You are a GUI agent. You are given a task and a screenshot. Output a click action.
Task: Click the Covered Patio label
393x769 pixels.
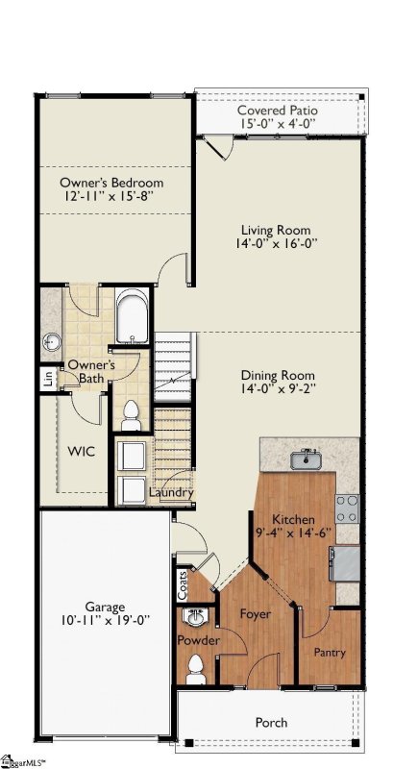click(279, 111)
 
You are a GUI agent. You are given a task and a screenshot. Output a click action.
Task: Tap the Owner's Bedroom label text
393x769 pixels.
click(111, 183)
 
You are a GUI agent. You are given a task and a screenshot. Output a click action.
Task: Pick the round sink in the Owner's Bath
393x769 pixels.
click(52, 340)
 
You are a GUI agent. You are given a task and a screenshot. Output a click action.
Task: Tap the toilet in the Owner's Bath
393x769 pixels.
click(130, 414)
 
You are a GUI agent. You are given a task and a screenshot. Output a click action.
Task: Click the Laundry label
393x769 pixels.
click(172, 493)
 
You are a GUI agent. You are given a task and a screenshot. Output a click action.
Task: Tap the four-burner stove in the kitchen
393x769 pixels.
click(347, 507)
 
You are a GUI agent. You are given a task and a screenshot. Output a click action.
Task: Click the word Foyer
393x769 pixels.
click(255, 613)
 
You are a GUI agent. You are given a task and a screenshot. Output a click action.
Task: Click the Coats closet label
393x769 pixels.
click(182, 583)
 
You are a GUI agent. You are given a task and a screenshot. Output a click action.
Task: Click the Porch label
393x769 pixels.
click(271, 722)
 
